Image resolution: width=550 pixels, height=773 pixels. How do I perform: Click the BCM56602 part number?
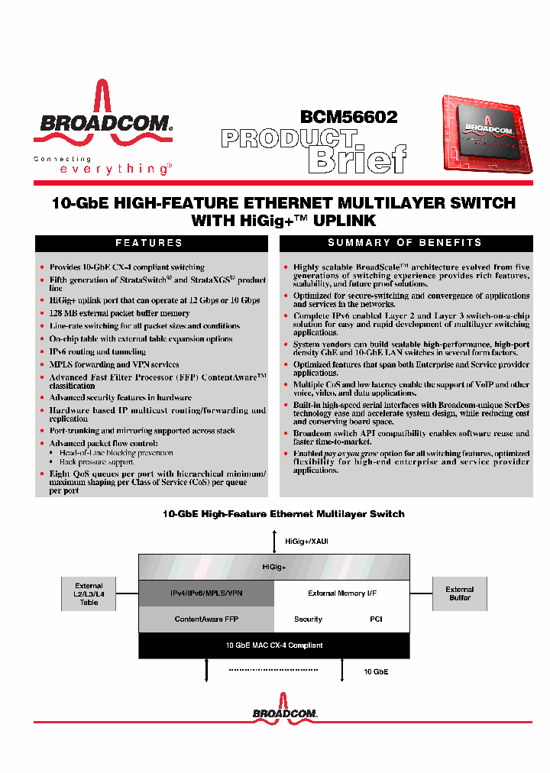point(348,117)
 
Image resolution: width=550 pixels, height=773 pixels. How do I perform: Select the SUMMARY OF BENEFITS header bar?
point(405,243)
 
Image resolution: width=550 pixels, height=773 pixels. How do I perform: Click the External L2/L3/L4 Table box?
point(89,594)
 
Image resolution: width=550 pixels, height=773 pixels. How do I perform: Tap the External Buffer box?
point(459,593)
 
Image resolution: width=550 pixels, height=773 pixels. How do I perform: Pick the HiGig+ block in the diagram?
point(273,568)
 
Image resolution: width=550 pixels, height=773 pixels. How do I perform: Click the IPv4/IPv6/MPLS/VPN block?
point(206,593)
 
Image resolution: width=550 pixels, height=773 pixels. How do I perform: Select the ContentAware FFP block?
point(206,619)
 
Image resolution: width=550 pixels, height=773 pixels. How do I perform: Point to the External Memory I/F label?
point(342,593)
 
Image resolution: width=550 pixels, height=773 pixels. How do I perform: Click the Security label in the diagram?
point(308,619)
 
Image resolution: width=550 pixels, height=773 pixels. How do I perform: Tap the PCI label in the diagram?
point(376,619)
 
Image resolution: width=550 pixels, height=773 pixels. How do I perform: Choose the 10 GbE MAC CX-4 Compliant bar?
point(273,645)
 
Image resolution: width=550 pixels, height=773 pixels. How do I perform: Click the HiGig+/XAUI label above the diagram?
point(306,541)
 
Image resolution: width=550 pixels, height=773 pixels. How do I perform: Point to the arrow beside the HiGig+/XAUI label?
point(274,542)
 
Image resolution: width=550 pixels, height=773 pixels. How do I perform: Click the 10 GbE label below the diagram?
point(375,671)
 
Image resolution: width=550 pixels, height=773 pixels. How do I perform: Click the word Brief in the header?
point(357,159)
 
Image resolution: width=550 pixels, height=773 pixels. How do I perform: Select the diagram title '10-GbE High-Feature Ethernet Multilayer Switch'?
point(283,514)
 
